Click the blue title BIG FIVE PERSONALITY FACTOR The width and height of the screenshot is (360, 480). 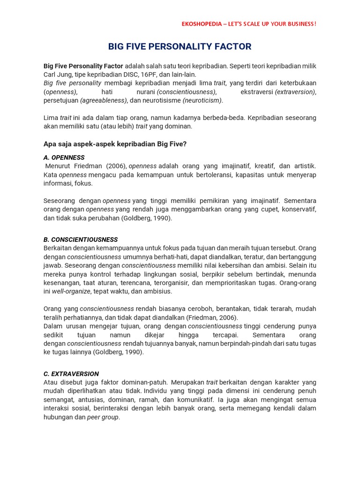click(180, 46)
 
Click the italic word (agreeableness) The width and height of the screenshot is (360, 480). click(104, 100)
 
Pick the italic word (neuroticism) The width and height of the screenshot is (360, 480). click(202, 100)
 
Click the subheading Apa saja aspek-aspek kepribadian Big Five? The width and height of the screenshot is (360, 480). click(115, 144)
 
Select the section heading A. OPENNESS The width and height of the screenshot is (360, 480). click(64, 157)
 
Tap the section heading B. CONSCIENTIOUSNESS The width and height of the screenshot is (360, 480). click(81, 240)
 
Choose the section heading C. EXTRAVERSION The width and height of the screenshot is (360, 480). click(71, 374)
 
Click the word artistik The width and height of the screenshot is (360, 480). click(304, 166)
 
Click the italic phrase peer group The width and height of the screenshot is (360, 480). click(103, 417)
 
